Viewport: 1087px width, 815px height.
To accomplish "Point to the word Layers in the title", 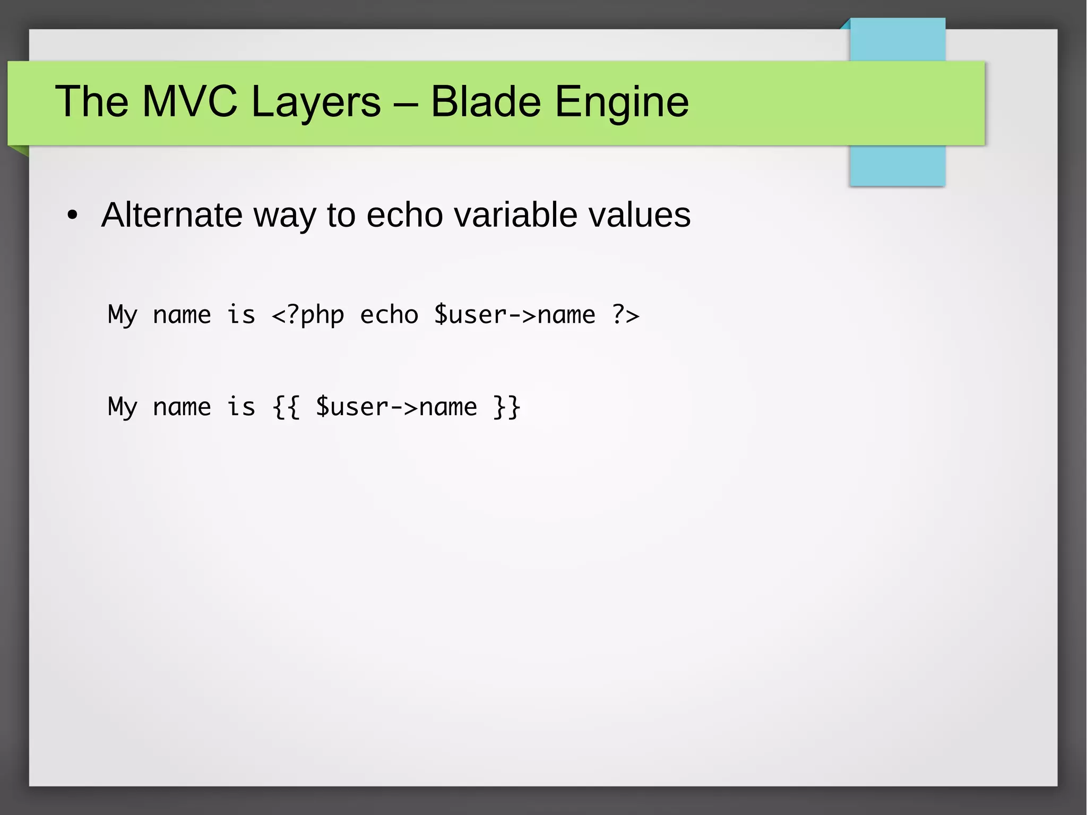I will pos(316,102).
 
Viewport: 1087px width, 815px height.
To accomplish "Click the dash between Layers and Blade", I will pos(406,102).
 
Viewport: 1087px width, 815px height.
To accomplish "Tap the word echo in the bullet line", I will pos(404,215).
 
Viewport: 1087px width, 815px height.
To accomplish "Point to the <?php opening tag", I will pos(307,315).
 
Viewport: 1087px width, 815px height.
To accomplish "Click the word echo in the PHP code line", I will pos(389,314).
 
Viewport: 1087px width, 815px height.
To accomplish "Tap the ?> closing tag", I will pos(625,315).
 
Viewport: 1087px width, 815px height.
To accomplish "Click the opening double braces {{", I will pos(286,407).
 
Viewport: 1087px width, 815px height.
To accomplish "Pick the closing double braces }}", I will pos(507,407).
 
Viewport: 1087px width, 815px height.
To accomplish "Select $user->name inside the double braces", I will pos(396,407).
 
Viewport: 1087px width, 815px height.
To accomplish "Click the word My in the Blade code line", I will pos(123,408).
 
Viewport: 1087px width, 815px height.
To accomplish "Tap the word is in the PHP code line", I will pos(241,314).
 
